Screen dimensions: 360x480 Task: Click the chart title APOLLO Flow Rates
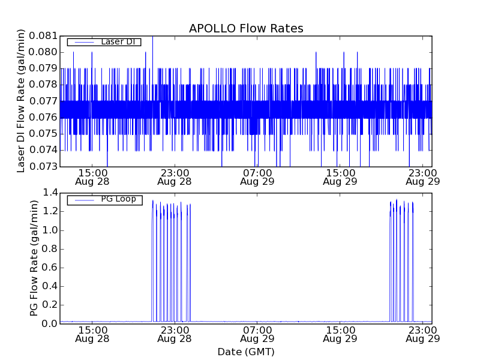246,28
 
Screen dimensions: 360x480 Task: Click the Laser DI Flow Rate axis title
22,101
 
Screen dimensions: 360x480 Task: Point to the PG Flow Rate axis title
34,258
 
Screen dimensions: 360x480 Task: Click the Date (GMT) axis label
246,352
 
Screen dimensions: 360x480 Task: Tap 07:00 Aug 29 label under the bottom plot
257,334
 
